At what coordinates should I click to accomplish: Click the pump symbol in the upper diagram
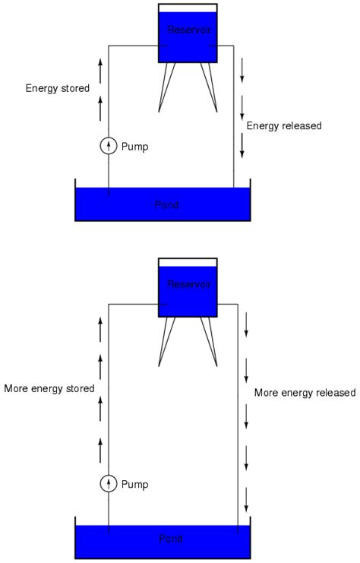109,146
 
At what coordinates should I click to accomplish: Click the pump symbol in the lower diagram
109,483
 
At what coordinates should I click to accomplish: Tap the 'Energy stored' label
57,88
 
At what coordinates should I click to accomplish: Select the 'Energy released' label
284,125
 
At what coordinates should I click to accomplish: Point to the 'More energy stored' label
49,388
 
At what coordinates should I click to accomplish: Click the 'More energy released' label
305,393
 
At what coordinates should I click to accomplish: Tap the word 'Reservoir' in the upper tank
188,29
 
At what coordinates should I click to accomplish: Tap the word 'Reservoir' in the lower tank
188,284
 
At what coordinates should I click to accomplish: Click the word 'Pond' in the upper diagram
163,204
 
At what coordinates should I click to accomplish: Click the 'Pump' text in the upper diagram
134,147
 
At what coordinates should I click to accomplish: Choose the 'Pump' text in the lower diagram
134,484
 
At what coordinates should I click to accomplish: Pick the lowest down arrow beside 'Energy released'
242,144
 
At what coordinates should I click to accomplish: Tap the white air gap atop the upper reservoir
188,8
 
